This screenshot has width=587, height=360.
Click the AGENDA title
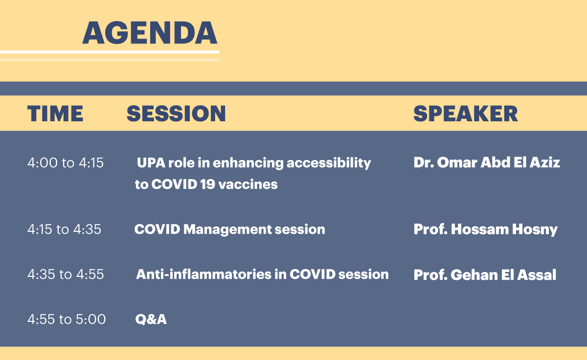point(150,33)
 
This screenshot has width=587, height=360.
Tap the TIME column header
point(55,113)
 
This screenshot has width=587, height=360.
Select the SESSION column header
point(176,113)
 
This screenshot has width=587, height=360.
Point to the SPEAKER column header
point(466,113)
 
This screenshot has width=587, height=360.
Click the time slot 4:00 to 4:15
point(66,163)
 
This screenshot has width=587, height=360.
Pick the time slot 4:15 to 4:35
point(64,229)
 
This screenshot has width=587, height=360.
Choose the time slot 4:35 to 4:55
point(66,274)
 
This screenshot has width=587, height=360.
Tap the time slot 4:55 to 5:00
point(67,319)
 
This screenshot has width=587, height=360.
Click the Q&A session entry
point(151,319)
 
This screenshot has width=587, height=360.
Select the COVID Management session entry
point(230,229)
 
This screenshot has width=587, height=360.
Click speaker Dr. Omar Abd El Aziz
point(487,162)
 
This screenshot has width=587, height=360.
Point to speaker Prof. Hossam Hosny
point(486,229)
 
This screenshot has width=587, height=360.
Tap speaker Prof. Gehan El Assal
point(485,275)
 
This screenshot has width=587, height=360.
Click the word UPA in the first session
point(151,163)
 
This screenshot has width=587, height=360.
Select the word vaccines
point(248,184)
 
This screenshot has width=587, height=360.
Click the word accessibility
point(329,163)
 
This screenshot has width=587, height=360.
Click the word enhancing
point(248,163)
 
